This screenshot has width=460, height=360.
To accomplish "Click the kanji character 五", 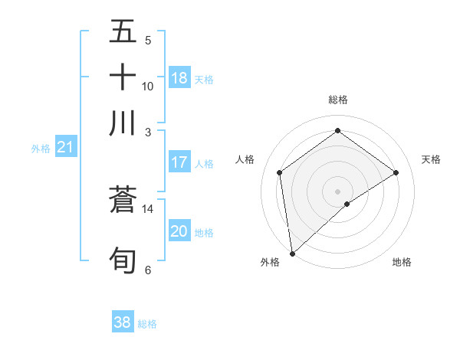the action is (123, 32).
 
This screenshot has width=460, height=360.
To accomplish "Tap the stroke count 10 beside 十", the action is (148, 86).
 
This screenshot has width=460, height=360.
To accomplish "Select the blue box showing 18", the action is (179, 78).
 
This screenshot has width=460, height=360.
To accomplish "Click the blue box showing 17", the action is (179, 162).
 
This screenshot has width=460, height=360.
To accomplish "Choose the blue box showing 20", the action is (179, 231).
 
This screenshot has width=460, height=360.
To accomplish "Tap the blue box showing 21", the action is (64, 147).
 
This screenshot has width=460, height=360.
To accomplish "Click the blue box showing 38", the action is (122, 322).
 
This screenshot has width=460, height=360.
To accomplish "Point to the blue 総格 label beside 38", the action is (147, 324).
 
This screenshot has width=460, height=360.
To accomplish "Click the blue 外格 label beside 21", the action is (41, 149).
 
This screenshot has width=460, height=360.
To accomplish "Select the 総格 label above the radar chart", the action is (338, 100).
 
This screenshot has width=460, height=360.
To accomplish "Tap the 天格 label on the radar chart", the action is (432, 159).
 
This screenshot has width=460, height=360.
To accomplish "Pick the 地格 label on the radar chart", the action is (402, 262).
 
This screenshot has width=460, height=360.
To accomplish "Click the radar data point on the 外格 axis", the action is (291, 254).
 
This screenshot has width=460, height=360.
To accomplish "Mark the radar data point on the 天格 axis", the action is (396, 172).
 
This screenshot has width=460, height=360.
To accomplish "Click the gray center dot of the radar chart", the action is (338, 191).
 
